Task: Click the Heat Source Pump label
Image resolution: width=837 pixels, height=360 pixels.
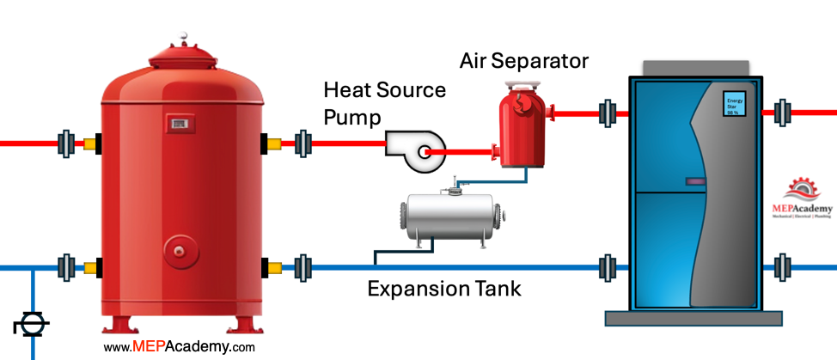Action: point(384,103)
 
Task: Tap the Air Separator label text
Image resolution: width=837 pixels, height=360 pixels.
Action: point(523,61)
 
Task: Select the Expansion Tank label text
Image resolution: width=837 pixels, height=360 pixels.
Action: point(443,288)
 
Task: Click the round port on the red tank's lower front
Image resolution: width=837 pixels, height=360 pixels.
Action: point(179,251)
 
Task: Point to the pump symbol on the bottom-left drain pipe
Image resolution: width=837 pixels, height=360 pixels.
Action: point(32,326)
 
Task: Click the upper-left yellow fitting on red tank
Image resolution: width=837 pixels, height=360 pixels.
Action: point(89,143)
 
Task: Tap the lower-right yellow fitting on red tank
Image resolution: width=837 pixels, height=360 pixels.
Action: point(276,267)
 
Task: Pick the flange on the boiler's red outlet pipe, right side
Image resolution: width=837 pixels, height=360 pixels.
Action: point(782,112)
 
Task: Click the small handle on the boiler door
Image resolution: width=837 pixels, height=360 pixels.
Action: point(694,180)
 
